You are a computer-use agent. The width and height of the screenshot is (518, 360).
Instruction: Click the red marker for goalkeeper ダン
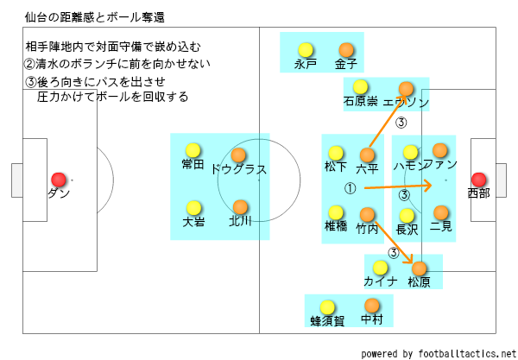[x=59, y=177]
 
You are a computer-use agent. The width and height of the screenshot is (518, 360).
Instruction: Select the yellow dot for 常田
[x=193, y=148]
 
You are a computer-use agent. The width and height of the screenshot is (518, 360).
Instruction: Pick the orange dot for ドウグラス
[x=239, y=155]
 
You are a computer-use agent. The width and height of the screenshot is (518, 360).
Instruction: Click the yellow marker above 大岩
[x=193, y=206]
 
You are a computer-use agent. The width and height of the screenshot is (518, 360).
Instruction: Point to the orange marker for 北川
[x=239, y=206]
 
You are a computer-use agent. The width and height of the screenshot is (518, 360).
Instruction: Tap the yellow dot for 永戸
[x=304, y=49]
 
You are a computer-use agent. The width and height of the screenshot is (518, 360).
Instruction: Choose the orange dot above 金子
[x=346, y=49]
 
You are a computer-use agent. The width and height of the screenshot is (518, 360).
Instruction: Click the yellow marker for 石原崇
[x=361, y=86]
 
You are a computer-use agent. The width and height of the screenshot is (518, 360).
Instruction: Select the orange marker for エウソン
[x=407, y=87]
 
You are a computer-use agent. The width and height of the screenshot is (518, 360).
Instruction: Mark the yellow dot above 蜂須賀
[x=327, y=306]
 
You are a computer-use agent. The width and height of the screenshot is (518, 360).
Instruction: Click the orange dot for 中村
[x=372, y=305]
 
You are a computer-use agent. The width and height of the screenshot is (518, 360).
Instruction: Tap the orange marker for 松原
[x=420, y=268]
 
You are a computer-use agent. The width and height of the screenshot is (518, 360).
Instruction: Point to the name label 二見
[x=441, y=228]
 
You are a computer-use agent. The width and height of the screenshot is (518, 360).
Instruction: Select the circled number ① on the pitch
[x=351, y=186]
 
